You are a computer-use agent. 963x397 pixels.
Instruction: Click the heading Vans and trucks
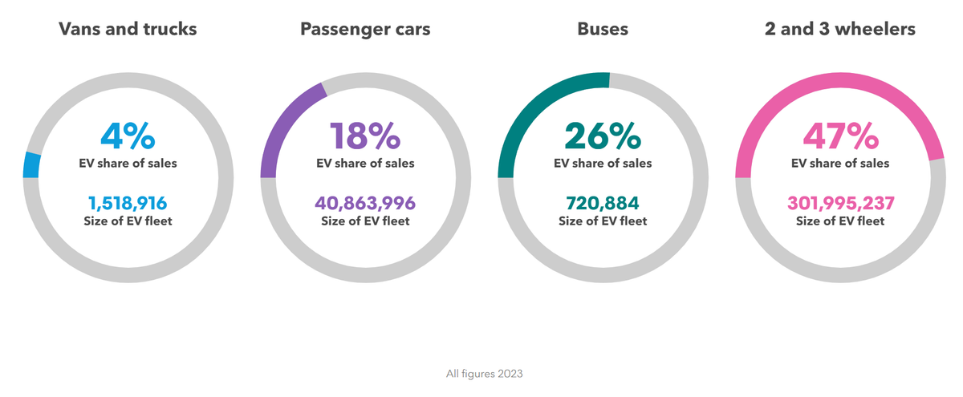(x=128, y=30)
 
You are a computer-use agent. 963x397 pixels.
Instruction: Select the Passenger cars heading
(x=365, y=30)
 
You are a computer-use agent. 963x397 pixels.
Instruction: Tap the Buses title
(x=603, y=30)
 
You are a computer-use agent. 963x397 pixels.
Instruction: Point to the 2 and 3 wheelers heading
(x=840, y=30)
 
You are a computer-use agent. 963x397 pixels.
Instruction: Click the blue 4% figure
(x=128, y=136)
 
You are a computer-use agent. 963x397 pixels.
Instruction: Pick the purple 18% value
(x=365, y=136)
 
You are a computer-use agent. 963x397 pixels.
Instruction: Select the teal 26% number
(x=603, y=136)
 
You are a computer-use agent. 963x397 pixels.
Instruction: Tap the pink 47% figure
(x=840, y=136)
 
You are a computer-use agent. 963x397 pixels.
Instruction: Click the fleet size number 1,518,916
(x=128, y=203)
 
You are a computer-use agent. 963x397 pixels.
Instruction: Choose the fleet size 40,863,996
(x=365, y=203)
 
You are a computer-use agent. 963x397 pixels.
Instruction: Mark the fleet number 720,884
(x=603, y=203)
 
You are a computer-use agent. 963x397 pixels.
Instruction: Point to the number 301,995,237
(x=840, y=203)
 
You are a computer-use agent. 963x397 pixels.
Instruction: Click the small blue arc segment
(x=32, y=164)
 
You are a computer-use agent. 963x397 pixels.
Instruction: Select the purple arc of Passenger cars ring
(x=285, y=120)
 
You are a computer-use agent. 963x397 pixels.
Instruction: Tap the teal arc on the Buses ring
(x=538, y=104)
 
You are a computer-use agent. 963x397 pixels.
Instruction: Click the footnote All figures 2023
(x=484, y=374)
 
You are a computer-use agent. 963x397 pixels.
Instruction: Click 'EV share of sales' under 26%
(x=603, y=164)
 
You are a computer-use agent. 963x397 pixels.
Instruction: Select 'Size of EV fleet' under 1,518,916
(x=128, y=221)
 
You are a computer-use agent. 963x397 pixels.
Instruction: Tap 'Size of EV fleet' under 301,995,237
(x=840, y=221)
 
